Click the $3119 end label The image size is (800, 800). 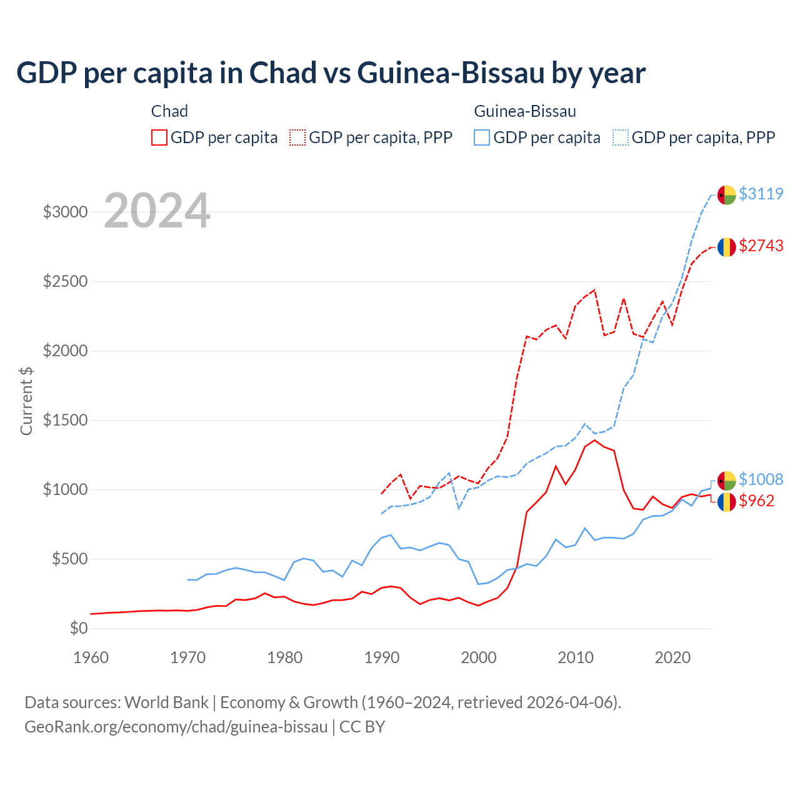click(761, 194)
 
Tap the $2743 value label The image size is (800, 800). click(761, 246)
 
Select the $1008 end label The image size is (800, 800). click(761, 479)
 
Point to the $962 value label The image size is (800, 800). click(756, 501)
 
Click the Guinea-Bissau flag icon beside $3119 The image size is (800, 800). click(726, 194)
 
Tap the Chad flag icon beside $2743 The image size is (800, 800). click(726, 247)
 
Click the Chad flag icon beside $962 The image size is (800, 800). click(726, 502)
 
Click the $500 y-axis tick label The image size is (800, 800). click(69, 559)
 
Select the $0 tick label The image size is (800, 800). click(78, 628)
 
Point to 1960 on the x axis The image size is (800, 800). click(91, 657)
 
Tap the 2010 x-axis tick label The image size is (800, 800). click(576, 657)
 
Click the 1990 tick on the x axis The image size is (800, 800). click(382, 657)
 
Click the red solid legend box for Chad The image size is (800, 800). click(159, 137)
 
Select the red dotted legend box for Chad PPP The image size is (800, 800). click(297, 137)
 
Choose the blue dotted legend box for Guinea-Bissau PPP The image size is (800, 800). click(621, 137)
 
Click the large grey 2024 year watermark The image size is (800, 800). click(157, 211)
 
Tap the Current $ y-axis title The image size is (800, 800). click(26, 401)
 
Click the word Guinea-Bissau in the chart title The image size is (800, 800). click(451, 73)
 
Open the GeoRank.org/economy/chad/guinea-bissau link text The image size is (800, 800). click(176, 727)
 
